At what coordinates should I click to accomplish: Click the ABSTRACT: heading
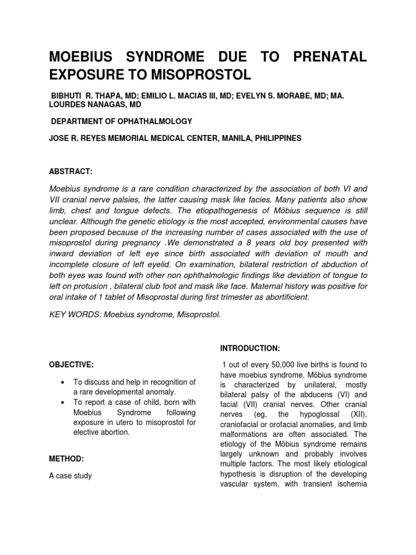click(71, 171)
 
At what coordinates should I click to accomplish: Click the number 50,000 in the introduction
click(282, 365)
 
